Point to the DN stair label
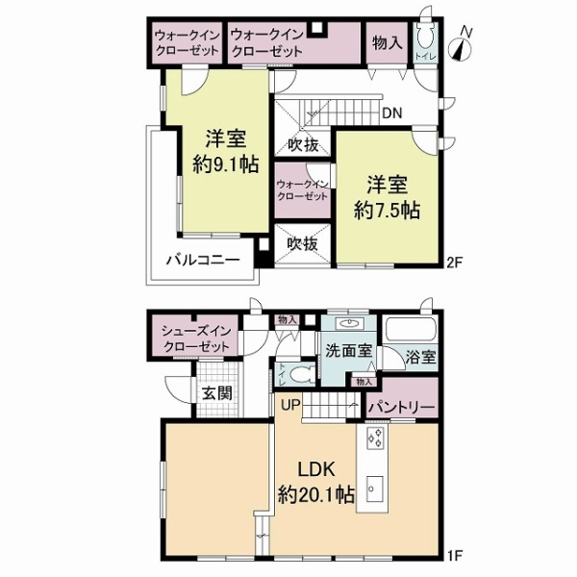391,113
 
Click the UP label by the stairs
289,405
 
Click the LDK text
315,472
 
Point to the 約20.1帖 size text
316,496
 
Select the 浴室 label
420,358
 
